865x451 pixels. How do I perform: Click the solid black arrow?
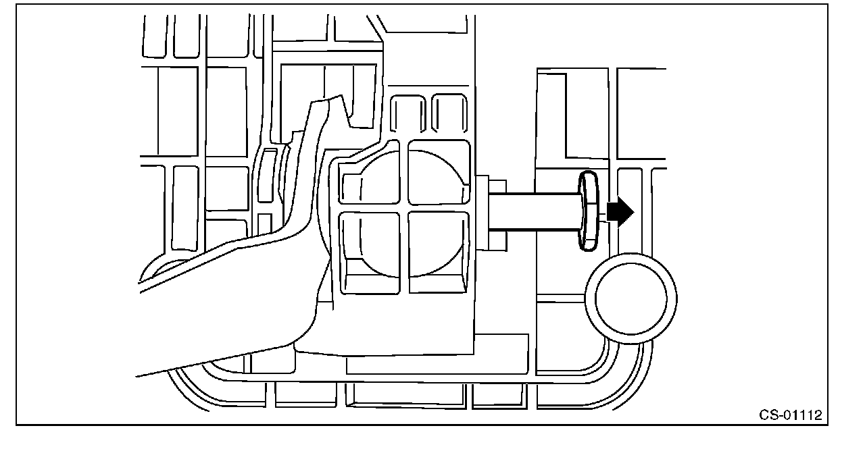pyautogui.click(x=619, y=212)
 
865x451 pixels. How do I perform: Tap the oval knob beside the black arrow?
pyautogui.click(x=588, y=211)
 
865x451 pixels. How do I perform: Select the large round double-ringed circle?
pyautogui.click(x=631, y=298)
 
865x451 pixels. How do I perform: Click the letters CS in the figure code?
pyautogui.click(x=766, y=415)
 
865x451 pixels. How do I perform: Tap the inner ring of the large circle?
pyautogui.click(x=631, y=298)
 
